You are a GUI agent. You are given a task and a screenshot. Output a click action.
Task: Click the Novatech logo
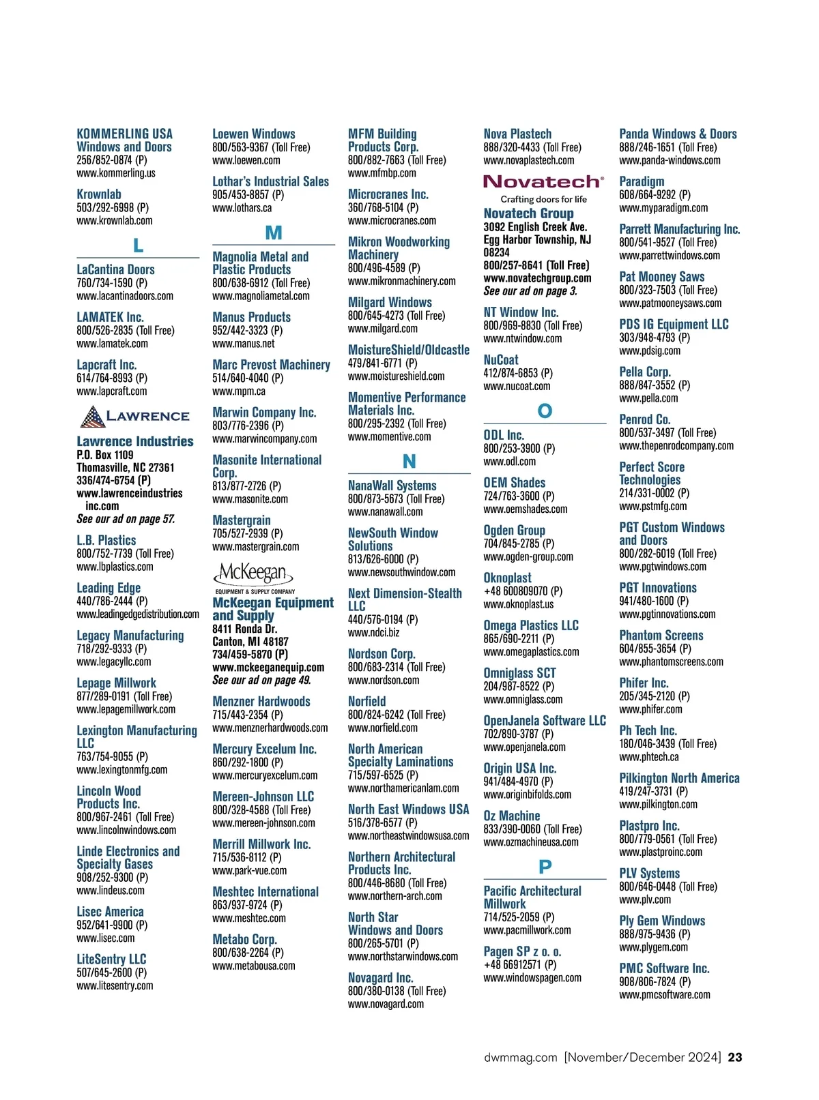(543, 182)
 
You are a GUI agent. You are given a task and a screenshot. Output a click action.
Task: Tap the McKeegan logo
(254, 574)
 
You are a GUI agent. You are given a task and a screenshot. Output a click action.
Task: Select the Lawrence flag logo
(93, 416)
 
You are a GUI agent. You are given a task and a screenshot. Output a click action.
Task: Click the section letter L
(138, 246)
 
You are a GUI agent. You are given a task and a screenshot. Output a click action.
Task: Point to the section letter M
(273, 233)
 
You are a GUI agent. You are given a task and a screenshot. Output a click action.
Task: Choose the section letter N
(409, 462)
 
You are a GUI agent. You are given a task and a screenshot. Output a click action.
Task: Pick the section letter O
(545, 411)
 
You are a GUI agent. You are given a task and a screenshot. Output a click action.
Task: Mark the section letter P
(545, 867)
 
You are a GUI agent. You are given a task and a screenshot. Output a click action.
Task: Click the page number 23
(735, 1057)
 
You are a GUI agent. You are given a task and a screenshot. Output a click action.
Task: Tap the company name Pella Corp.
(645, 372)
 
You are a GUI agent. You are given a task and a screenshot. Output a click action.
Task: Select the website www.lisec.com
(106, 938)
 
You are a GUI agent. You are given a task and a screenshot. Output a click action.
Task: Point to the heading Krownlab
(99, 194)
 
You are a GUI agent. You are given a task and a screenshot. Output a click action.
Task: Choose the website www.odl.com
(510, 462)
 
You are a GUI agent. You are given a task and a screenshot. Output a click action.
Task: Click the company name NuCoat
(501, 360)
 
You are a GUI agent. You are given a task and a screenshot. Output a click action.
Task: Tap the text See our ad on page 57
(126, 519)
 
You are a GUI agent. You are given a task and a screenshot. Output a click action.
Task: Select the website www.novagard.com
(386, 1004)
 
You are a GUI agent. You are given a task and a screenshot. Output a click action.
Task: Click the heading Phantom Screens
(661, 636)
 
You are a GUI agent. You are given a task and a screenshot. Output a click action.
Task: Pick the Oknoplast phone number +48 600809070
(515, 591)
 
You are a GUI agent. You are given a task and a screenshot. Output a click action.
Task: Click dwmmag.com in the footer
(521, 1057)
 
